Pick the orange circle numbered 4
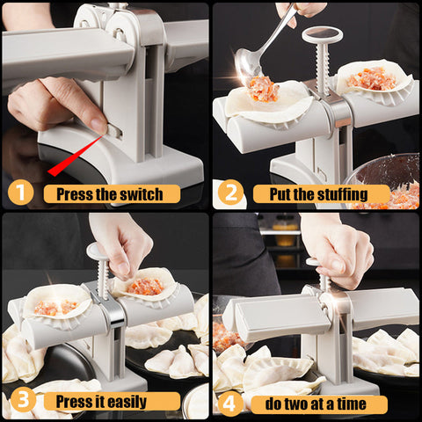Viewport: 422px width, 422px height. coord(229,404)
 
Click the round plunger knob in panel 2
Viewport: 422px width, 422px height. coord(323,35)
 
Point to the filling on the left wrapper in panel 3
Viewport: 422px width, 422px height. coord(55,306)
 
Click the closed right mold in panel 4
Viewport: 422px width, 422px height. coord(382,309)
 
